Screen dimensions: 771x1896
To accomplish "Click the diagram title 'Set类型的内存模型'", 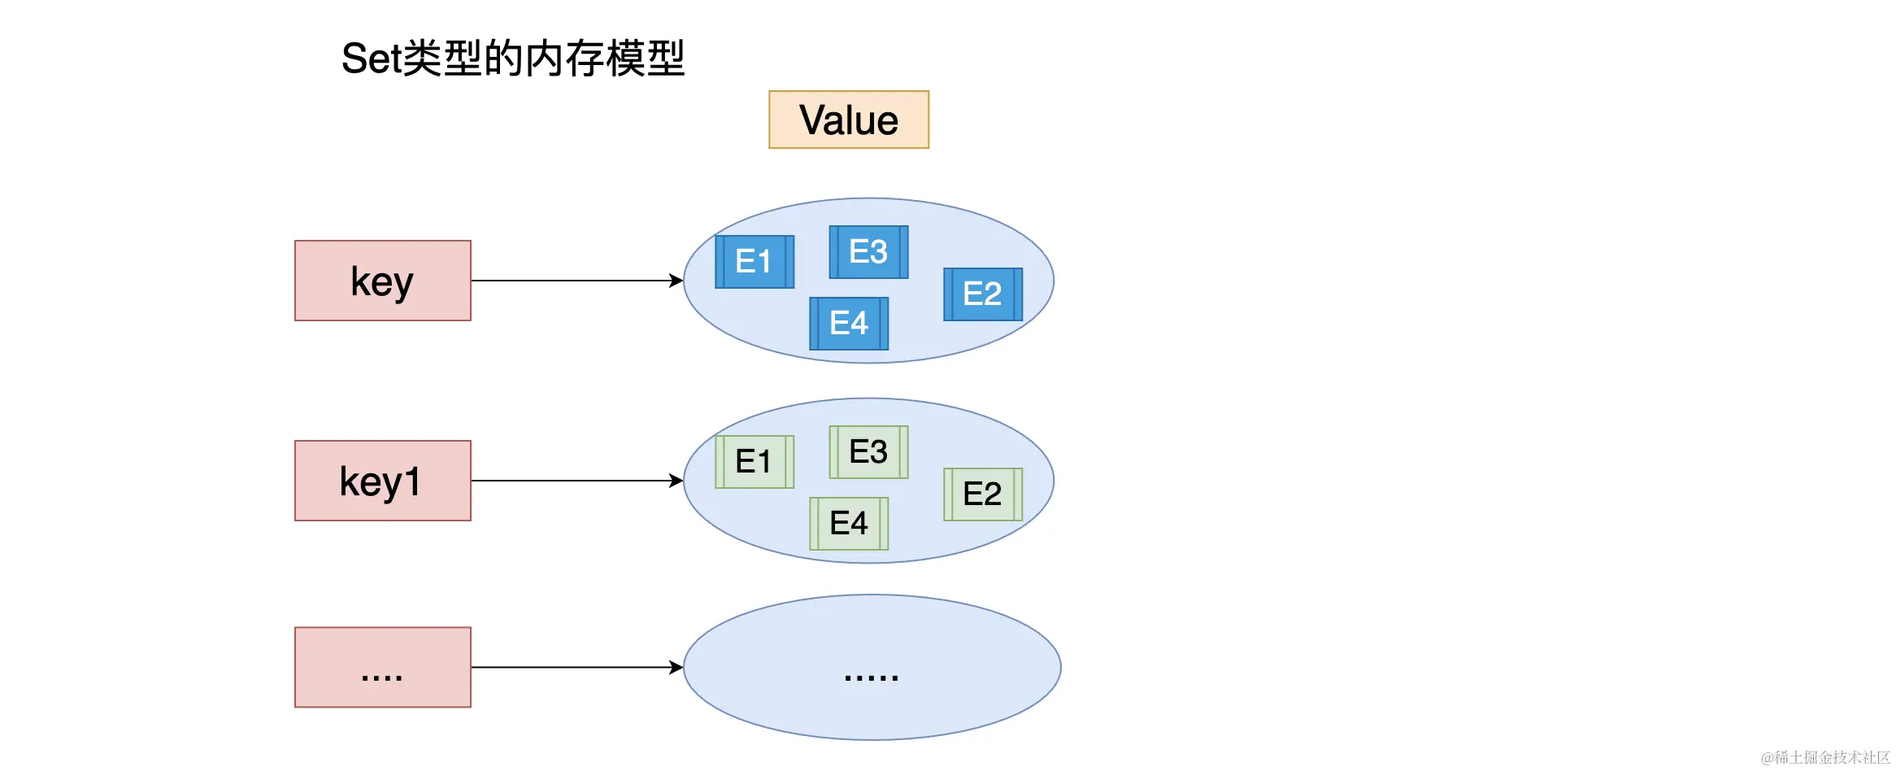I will pos(513,59).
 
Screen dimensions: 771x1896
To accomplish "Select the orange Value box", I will pos(848,120).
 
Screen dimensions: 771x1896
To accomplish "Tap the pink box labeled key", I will pos(382,281).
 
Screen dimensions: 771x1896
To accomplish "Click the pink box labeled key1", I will pos(382,481).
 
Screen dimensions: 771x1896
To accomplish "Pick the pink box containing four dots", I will pos(382,667).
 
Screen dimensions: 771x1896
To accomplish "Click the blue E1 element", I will pos(754,262).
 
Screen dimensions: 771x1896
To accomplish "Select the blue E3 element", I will pos(868,252).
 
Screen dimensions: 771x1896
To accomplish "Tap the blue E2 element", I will pos(982,294).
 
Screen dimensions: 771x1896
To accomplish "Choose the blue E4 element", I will pos(849,324).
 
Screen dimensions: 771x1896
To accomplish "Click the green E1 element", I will pos(754,462).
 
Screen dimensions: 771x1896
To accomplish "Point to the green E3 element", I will pos(868,452).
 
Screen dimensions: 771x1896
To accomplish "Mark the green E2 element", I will pos(982,494).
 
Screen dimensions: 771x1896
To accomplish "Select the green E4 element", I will pos(849,524).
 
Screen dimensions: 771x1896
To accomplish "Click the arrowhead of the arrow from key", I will pos(676,281).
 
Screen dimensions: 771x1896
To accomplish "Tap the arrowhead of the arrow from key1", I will pos(676,481).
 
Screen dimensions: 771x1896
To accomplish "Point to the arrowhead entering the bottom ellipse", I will pos(676,667).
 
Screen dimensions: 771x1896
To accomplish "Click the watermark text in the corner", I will pos(1824,757).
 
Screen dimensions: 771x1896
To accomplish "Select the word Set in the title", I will pos(371,59).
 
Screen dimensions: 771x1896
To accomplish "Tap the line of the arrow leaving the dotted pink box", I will pos(569,667).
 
